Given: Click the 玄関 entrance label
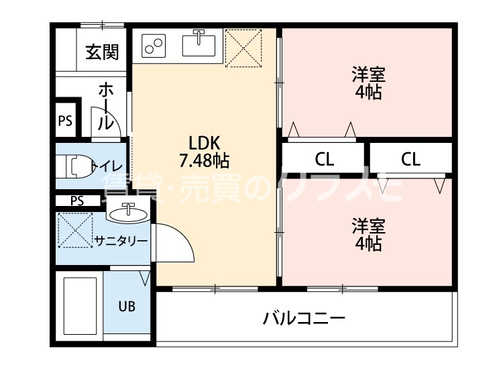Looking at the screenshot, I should [103, 52].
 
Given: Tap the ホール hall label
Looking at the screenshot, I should [106, 106].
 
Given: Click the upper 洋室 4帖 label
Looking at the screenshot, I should [368, 83].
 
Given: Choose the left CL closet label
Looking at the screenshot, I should [325, 160].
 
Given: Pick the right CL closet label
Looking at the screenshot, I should [410, 160].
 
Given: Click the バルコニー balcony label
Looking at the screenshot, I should [304, 317].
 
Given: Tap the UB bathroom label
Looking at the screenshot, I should [127, 307].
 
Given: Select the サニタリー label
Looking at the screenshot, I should [121, 241].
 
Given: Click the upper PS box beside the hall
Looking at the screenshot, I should [65, 121].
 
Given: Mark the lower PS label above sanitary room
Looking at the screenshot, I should [77, 201].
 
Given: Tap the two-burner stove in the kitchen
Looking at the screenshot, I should [155, 46].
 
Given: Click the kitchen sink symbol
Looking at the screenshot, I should [199, 44].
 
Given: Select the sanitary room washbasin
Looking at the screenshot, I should [129, 213].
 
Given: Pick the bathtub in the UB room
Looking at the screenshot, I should [80, 306].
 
